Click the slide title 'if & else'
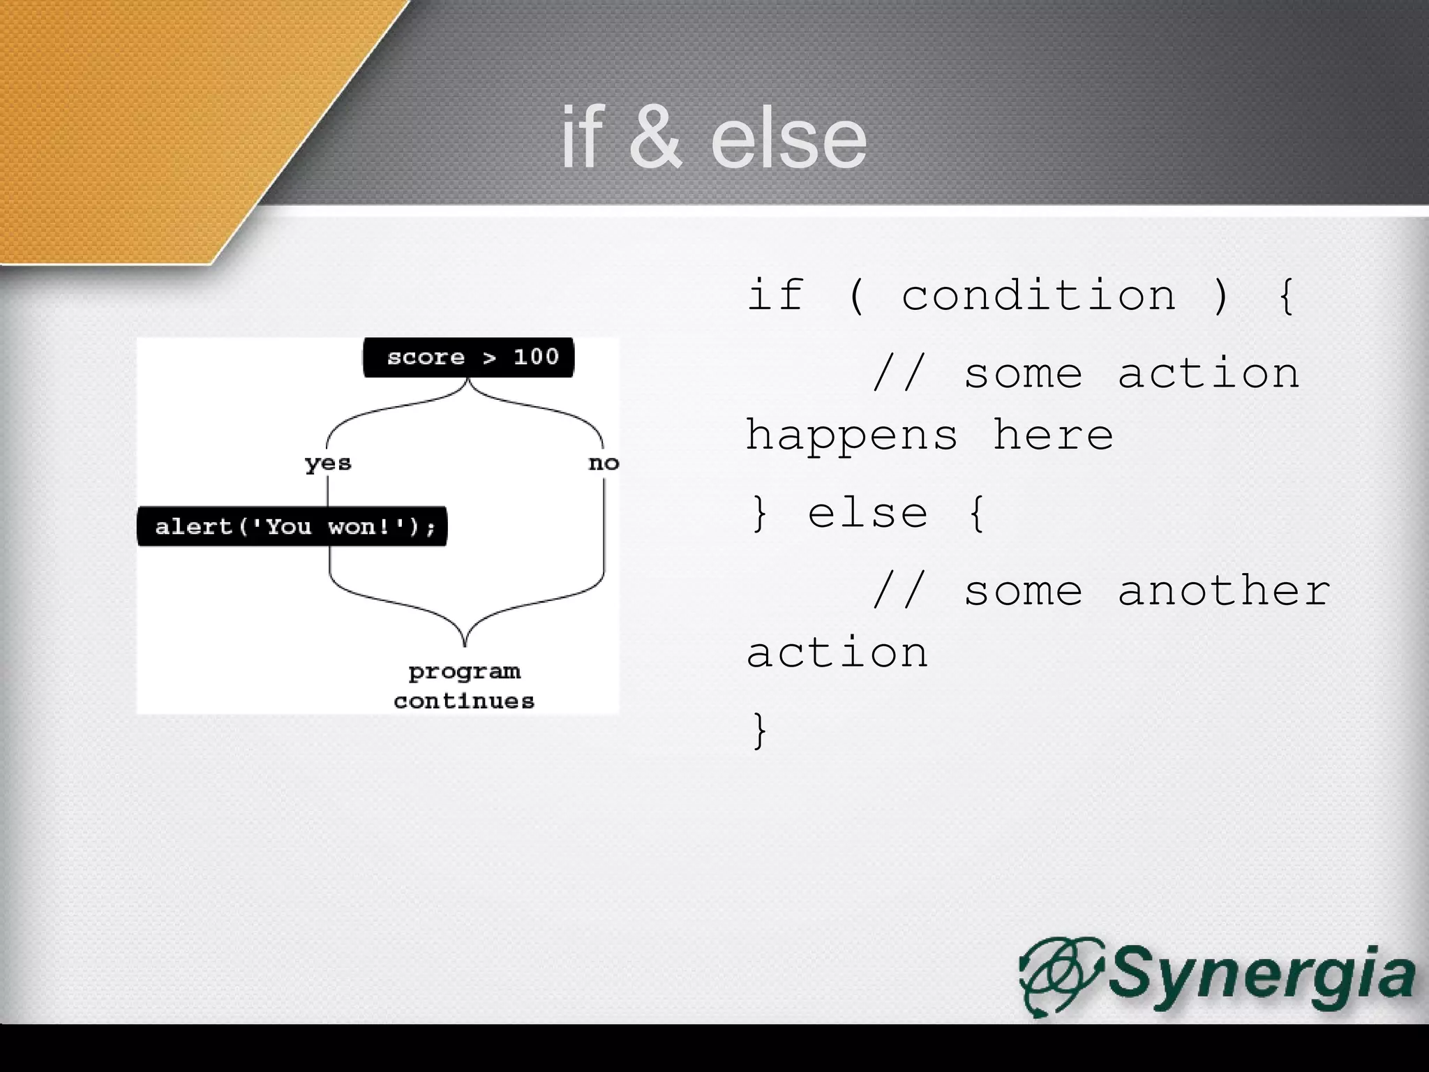coord(713,138)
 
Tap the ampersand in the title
coord(654,138)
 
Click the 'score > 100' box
coord(468,357)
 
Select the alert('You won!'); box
coord(292,526)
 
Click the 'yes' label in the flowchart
coord(328,463)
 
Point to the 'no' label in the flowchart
coord(604,463)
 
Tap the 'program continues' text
coord(464,686)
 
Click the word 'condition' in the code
coord(1038,295)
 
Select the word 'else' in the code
coord(867,514)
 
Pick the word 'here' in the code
coord(1053,435)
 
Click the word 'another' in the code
coord(1224,590)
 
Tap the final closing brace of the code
coord(759,731)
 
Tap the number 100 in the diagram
coord(536,357)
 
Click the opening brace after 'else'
coord(977,514)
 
